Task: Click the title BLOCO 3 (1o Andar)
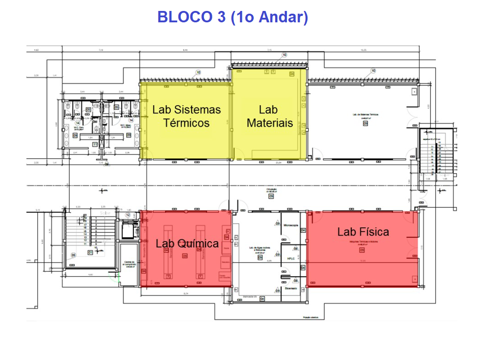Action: click(x=233, y=17)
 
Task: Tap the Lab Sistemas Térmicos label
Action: click(x=186, y=116)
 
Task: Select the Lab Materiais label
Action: click(x=269, y=116)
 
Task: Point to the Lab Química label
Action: click(x=187, y=243)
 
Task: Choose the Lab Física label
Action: click(x=363, y=231)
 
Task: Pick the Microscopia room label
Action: click(x=291, y=226)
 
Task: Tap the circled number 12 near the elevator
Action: click(x=128, y=215)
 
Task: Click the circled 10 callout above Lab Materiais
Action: click(x=285, y=55)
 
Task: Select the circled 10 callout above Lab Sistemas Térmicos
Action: click(x=198, y=72)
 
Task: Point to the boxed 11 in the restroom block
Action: click(x=95, y=144)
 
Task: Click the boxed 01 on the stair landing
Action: click(x=90, y=252)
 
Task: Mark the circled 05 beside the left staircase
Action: click(x=73, y=256)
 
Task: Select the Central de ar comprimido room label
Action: click(x=128, y=263)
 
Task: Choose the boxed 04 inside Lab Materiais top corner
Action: click(x=292, y=73)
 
